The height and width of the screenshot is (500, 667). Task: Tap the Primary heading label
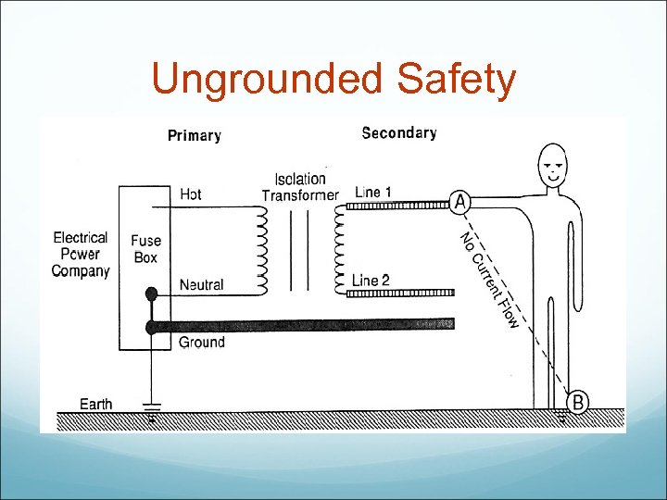coord(195,136)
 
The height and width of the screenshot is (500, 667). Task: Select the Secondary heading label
coord(399,133)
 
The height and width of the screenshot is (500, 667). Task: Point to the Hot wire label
coord(191,194)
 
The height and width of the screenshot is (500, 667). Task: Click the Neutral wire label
coord(201,285)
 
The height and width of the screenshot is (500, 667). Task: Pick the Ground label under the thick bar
coord(201,343)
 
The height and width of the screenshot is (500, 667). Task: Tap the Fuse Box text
coord(145,249)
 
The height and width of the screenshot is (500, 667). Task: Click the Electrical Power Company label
coord(81,255)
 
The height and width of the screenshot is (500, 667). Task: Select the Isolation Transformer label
coord(300,187)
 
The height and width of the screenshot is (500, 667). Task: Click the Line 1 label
coord(372,193)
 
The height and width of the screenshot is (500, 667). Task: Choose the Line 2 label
coord(371,281)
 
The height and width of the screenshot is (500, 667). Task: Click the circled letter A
coord(460,202)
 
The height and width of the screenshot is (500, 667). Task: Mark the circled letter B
coord(577,402)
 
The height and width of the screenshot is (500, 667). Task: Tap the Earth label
coord(96,404)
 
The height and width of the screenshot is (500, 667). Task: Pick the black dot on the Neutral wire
coord(151,294)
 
